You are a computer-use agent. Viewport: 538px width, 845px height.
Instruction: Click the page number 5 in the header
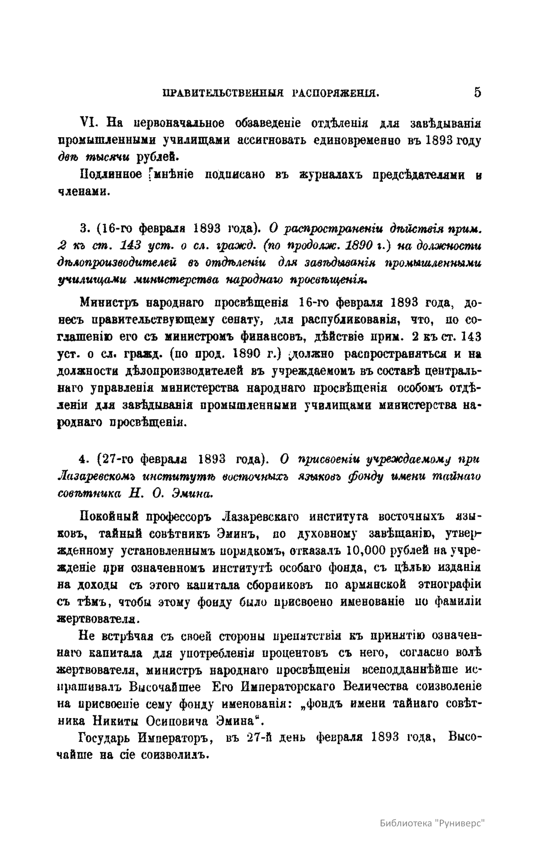(x=477, y=92)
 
